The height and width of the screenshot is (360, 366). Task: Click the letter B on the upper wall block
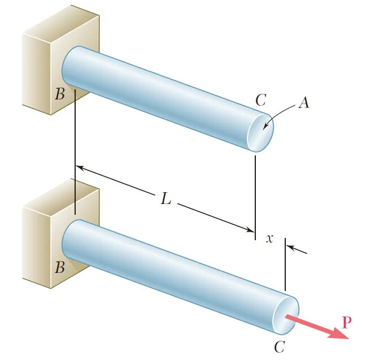click(60, 94)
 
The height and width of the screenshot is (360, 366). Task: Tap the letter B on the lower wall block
click(60, 267)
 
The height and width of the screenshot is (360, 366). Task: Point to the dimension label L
click(165, 199)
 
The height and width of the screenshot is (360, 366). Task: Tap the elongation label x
click(269, 238)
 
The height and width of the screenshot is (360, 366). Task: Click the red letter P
click(347, 323)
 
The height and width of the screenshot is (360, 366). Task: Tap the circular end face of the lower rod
click(285, 320)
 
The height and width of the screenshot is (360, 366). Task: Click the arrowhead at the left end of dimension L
click(80, 168)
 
